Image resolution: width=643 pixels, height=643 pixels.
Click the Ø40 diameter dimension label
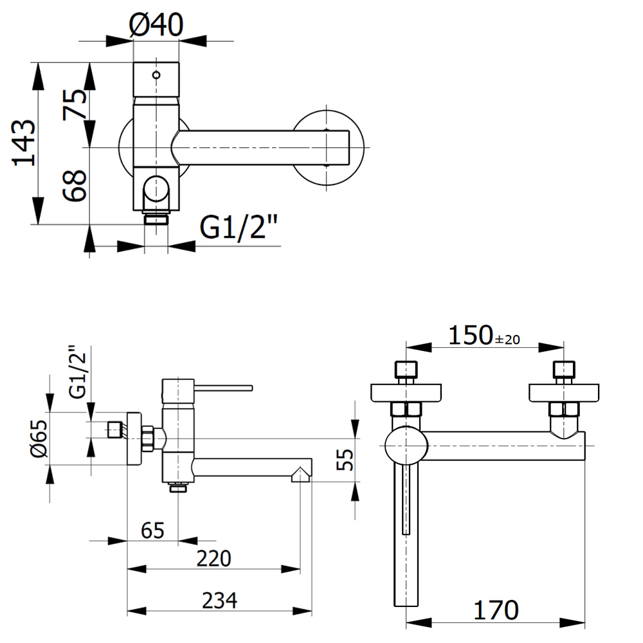(156, 26)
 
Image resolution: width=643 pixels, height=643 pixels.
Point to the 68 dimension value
(75, 186)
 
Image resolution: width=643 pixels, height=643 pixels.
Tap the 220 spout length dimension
(213, 558)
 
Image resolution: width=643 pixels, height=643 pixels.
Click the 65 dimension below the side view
(152, 530)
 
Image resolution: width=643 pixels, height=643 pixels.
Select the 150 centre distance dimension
(470, 335)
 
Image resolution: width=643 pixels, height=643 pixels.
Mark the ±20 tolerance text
(507, 338)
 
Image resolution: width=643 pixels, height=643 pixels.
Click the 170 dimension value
(496, 609)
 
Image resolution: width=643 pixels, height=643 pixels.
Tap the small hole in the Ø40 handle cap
(156, 75)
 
